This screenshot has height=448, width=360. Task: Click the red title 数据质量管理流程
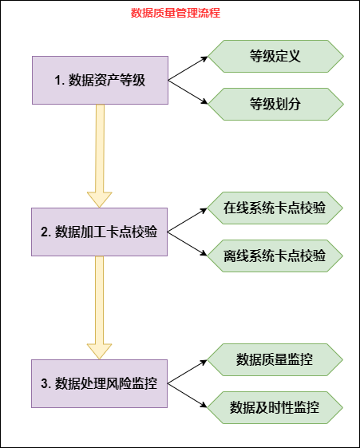(x=175, y=14)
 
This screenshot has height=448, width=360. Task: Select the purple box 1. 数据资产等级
(x=100, y=80)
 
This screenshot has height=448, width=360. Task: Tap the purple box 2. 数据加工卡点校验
(x=100, y=232)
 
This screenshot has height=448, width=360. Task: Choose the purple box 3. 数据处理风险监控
(x=100, y=383)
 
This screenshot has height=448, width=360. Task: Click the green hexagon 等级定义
(x=275, y=56)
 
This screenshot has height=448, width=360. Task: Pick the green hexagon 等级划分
(x=275, y=104)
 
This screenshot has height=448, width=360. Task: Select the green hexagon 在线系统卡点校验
(x=275, y=208)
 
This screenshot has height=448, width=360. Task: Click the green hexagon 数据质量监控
(x=275, y=359)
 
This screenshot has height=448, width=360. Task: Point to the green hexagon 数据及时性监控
(x=275, y=407)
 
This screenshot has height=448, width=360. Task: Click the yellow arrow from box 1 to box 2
(x=100, y=156)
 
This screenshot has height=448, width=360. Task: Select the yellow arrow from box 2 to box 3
(x=100, y=307)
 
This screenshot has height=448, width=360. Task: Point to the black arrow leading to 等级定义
(x=188, y=68)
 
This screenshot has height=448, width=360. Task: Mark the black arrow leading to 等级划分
(x=188, y=92)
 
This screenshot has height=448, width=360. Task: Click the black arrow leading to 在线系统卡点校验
(x=188, y=220)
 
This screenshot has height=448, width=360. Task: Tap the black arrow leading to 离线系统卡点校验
(x=188, y=244)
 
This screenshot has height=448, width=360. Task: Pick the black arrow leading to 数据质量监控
(x=188, y=371)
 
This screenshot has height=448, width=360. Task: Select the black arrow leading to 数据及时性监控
(x=188, y=395)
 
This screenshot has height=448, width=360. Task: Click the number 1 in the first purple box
(x=57, y=80)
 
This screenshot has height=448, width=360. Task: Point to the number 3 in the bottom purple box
(x=45, y=383)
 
